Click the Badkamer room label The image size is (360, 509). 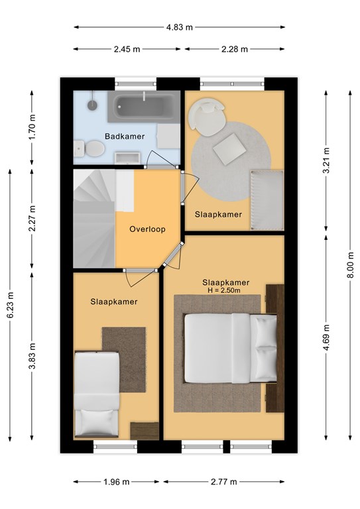[x=125, y=137]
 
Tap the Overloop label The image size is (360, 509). [x=147, y=229]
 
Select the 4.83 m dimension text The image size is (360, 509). [x=180, y=27]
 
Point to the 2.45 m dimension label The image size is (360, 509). [x=127, y=49]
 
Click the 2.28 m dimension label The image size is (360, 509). [x=235, y=49]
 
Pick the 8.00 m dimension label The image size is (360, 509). [x=350, y=264]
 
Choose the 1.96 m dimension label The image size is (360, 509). [x=117, y=482]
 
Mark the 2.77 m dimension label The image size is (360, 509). [x=224, y=482]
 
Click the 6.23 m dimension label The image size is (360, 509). [x=10, y=305]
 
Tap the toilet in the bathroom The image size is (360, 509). [x=90, y=148]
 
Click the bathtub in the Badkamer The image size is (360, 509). [x=144, y=107]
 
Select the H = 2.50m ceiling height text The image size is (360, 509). [x=224, y=290]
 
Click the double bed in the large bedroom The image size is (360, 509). [x=231, y=348]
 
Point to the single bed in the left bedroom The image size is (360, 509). [x=97, y=394]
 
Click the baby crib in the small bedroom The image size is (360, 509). [x=267, y=200]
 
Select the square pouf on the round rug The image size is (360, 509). [x=229, y=148]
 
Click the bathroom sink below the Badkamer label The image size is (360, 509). [x=127, y=158]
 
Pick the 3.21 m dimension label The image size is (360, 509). [x=326, y=160]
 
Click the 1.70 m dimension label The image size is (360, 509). [x=32, y=127]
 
